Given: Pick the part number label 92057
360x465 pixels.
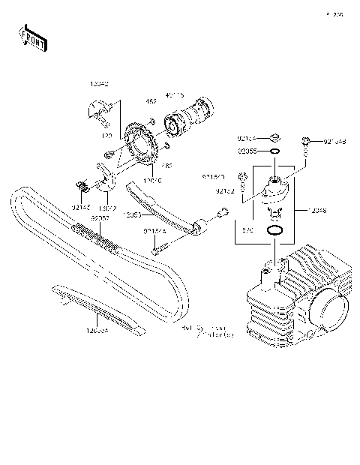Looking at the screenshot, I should [100, 218].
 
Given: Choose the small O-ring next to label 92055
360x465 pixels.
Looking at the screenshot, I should [275, 151].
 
